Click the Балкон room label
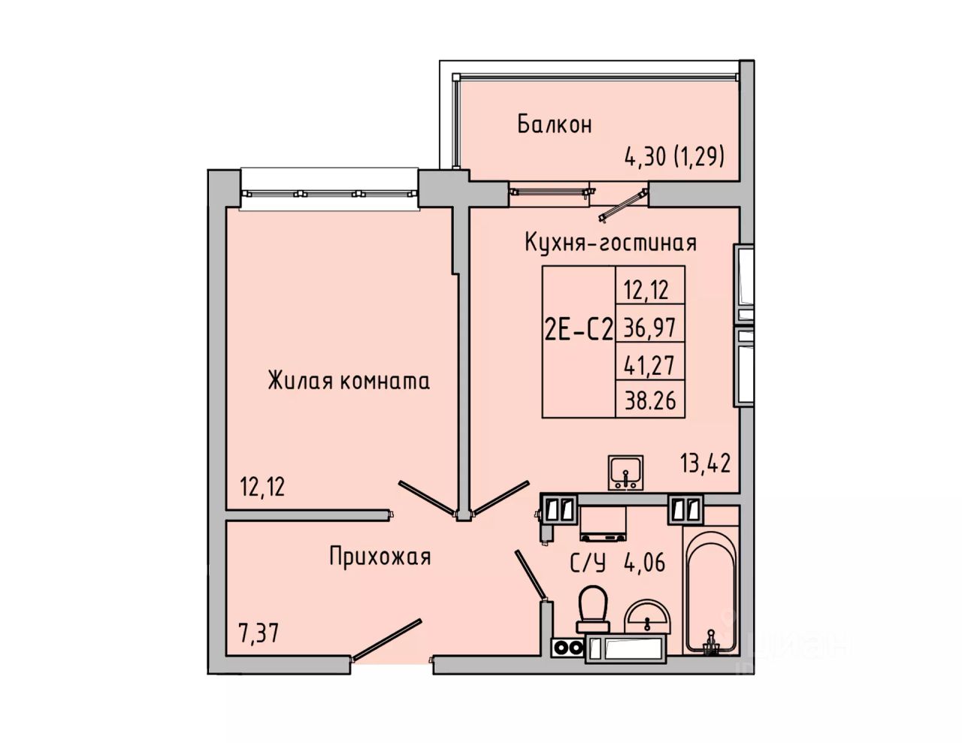pyautogui.click(x=554, y=124)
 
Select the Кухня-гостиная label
pyautogui.click(x=610, y=243)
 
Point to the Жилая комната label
pyautogui.click(x=349, y=381)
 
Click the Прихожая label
pyautogui.click(x=380, y=557)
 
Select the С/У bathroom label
pyautogui.click(x=588, y=563)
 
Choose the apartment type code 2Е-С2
pyautogui.click(x=577, y=328)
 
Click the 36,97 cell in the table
pyautogui.click(x=649, y=328)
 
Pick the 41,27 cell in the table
pyautogui.click(x=649, y=364)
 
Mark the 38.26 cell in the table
pyautogui.click(x=649, y=400)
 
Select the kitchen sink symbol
pyautogui.click(x=625, y=472)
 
